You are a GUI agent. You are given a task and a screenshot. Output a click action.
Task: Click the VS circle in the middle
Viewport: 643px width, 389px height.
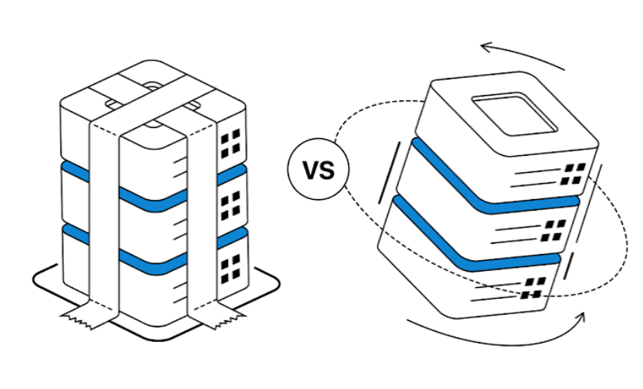click(318, 169)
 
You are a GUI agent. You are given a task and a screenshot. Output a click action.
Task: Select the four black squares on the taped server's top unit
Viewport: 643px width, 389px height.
click(231, 144)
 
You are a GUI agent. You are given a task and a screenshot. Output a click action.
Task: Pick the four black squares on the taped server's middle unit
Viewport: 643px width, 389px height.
click(231, 206)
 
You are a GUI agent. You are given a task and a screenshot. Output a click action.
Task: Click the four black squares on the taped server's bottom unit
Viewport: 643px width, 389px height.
click(231, 269)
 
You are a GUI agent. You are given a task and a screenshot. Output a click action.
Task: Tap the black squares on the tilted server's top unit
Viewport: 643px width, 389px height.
click(573, 174)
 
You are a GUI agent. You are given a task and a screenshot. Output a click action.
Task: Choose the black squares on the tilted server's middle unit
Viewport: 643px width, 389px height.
click(553, 231)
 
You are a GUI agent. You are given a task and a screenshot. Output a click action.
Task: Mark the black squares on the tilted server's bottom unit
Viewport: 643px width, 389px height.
click(533, 287)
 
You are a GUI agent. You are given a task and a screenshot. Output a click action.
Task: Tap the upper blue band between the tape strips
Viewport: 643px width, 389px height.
click(153, 200)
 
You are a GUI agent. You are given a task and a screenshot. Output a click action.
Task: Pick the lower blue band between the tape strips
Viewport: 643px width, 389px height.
click(153, 262)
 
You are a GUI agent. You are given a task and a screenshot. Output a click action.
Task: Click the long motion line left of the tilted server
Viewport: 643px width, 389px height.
click(389, 172)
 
